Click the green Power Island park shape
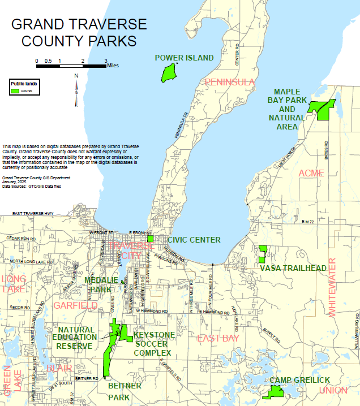168,73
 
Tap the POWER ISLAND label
184,58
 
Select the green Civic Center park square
150,239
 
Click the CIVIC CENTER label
194,240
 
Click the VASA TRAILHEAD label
293,268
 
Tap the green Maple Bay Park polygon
323,109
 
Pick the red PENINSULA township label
230,83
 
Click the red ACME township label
311,172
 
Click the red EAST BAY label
218,338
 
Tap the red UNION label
333,391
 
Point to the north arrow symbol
76,91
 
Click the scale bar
71,66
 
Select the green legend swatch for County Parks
15,90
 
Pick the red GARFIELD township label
76,306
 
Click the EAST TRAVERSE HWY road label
33,213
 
